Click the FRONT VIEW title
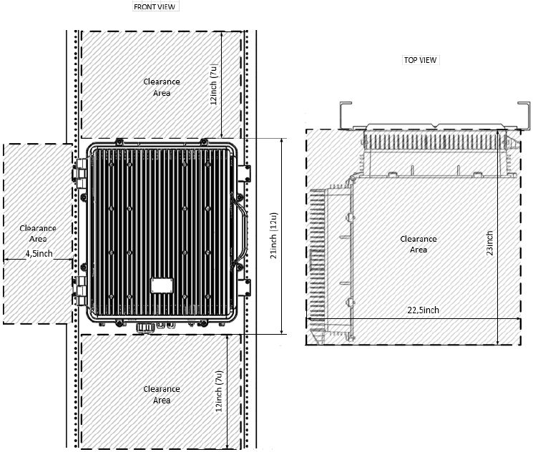[155, 7]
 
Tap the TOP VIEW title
[420, 60]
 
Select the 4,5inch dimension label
[39, 253]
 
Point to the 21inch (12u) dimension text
[274, 235]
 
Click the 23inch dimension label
[489, 243]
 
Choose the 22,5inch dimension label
[424, 310]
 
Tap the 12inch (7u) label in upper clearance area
[213, 84]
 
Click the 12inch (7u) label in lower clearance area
[219, 390]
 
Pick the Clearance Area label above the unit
[162, 87]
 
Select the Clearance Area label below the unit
[162, 395]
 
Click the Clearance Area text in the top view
[419, 244]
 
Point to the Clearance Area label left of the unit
[38, 233]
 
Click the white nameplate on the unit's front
[162, 285]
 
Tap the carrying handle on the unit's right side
[240, 231]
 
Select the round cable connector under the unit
[145, 328]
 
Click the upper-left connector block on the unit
[80, 173]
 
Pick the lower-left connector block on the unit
[80, 290]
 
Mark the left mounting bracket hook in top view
[346, 116]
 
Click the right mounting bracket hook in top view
[524, 116]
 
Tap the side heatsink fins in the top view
[318, 258]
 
